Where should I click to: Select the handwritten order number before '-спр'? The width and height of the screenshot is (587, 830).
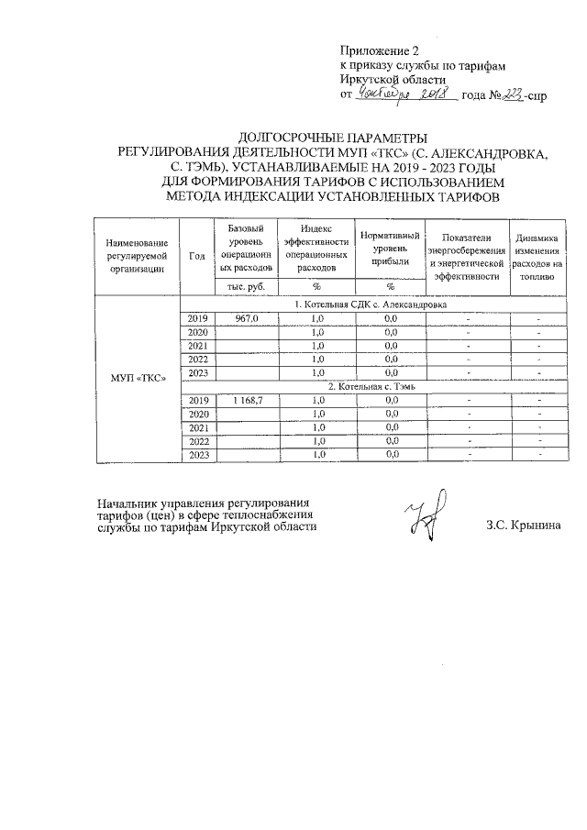click(510, 94)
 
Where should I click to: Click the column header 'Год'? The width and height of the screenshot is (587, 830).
click(196, 256)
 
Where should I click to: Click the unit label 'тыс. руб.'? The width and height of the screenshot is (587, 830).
click(245, 287)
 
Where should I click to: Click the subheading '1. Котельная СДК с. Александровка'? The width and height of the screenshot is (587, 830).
click(370, 304)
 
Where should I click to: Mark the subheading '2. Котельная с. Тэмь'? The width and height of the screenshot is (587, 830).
click(370, 387)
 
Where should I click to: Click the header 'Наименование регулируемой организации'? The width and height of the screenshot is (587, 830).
click(138, 255)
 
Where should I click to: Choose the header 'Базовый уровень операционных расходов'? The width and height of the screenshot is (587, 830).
click(245, 248)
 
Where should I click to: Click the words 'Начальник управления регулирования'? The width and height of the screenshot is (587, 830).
click(204, 503)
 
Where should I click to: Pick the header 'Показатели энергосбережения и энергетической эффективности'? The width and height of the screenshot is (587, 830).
click(467, 255)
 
